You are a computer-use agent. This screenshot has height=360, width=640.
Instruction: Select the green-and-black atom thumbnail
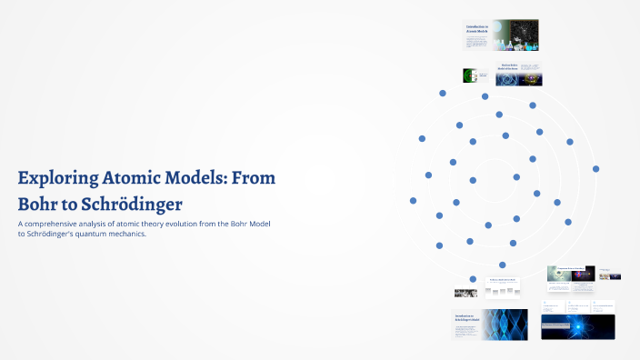pos(471,76)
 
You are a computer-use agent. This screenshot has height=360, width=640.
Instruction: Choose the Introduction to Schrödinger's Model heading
pos(466,317)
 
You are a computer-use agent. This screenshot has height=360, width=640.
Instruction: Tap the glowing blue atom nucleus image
pos(577,325)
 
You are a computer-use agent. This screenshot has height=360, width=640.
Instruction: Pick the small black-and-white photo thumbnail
pos(465,293)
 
